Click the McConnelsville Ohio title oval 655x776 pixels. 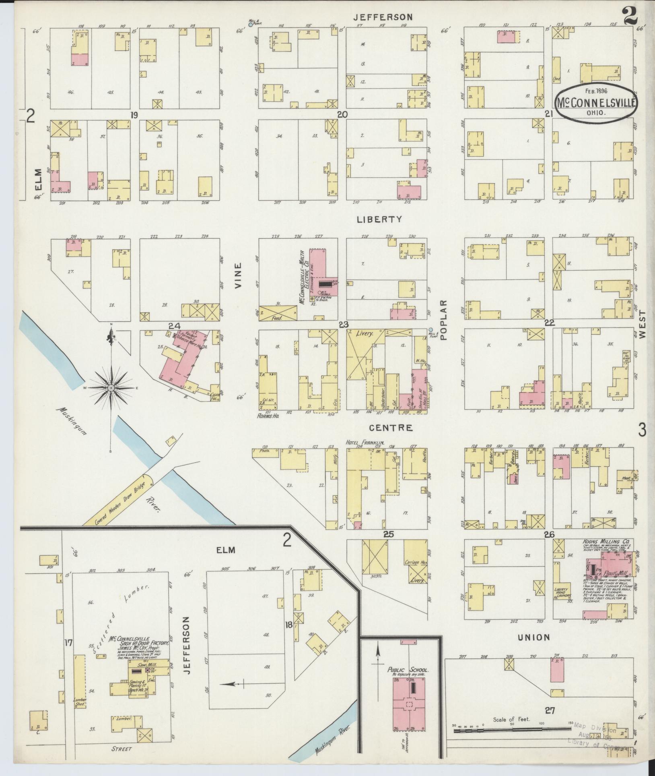pos(596,102)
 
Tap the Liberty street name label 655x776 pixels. pos(379,219)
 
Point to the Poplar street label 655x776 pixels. pos(444,320)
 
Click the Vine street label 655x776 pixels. pos(238,275)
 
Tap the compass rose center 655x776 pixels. pos(110,387)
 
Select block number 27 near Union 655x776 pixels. pos(550,711)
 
